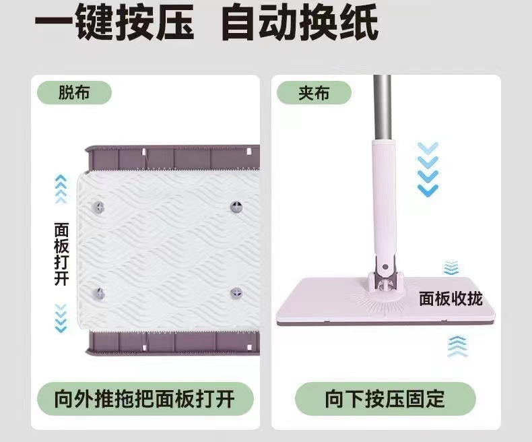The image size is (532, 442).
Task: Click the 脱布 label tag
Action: click(x=74, y=92)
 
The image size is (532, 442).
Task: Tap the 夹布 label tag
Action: click(x=314, y=92)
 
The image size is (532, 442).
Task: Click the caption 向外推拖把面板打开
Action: click(x=145, y=399)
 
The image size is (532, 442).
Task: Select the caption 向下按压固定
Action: click(x=385, y=399)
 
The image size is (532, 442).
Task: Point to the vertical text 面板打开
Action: click(x=61, y=253)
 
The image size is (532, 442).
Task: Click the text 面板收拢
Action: click(x=451, y=298)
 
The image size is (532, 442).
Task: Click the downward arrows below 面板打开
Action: click(x=61, y=317)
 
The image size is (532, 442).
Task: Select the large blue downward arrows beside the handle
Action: click(x=428, y=169)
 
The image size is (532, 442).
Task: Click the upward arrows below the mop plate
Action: click(x=457, y=346)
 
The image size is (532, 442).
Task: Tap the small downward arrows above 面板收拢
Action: click(x=451, y=268)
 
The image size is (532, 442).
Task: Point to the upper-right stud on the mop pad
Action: click(x=237, y=205)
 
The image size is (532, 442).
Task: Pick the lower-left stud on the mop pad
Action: click(x=98, y=293)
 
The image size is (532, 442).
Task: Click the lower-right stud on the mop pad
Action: click(x=236, y=292)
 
